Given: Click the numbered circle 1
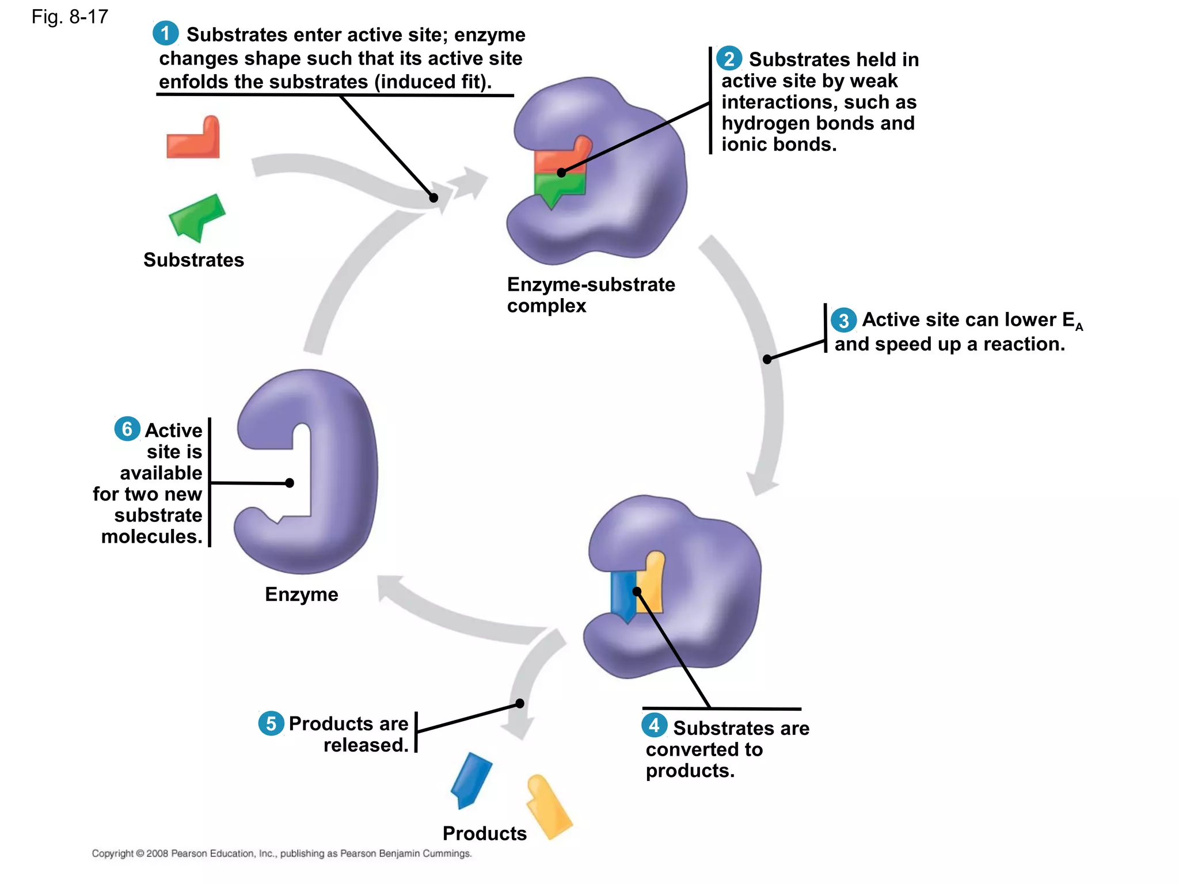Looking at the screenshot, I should [x=165, y=33].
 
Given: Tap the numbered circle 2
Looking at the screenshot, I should [x=729, y=58].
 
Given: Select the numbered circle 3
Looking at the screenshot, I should [x=843, y=321].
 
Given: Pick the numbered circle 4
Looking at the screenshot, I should [x=654, y=725].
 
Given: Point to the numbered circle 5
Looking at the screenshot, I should [x=271, y=723].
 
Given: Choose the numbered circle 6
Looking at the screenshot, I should [x=127, y=429].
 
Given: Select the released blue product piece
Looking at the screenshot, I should [x=471, y=780].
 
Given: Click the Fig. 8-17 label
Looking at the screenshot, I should [x=70, y=17].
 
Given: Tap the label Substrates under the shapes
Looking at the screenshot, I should [x=193, y=260].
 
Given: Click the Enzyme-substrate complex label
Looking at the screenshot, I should [x=590, y=295].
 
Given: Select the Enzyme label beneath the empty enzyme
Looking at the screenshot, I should [x=301, y=595].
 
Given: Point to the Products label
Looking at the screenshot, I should [x=484, y=833].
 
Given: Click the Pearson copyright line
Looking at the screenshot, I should [x=282, y=853].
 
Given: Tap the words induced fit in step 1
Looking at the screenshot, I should [x=432, y=82].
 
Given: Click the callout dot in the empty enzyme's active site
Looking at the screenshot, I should [x=290, y=483].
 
